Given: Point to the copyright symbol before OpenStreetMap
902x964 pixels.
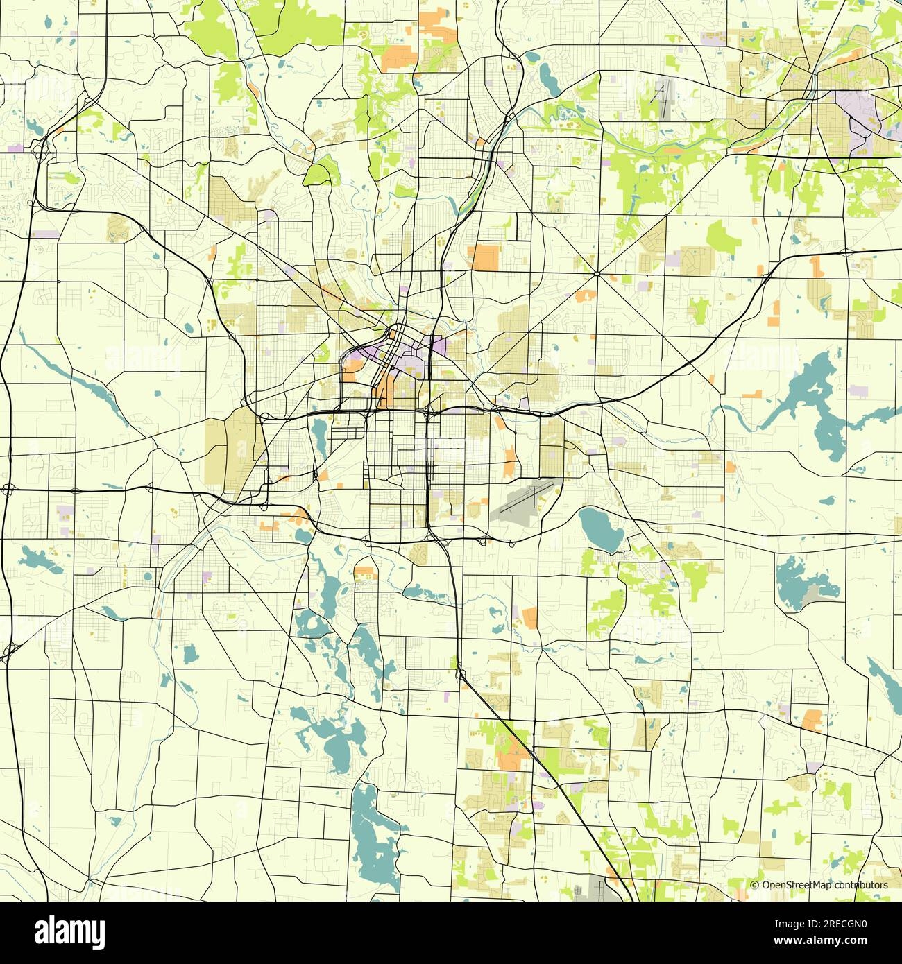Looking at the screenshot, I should point(755,885).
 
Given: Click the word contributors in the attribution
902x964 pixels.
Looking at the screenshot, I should point(861,885).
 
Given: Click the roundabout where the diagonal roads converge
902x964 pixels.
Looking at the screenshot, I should point(597,273).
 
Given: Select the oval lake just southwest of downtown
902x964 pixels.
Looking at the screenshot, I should point(320,436).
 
